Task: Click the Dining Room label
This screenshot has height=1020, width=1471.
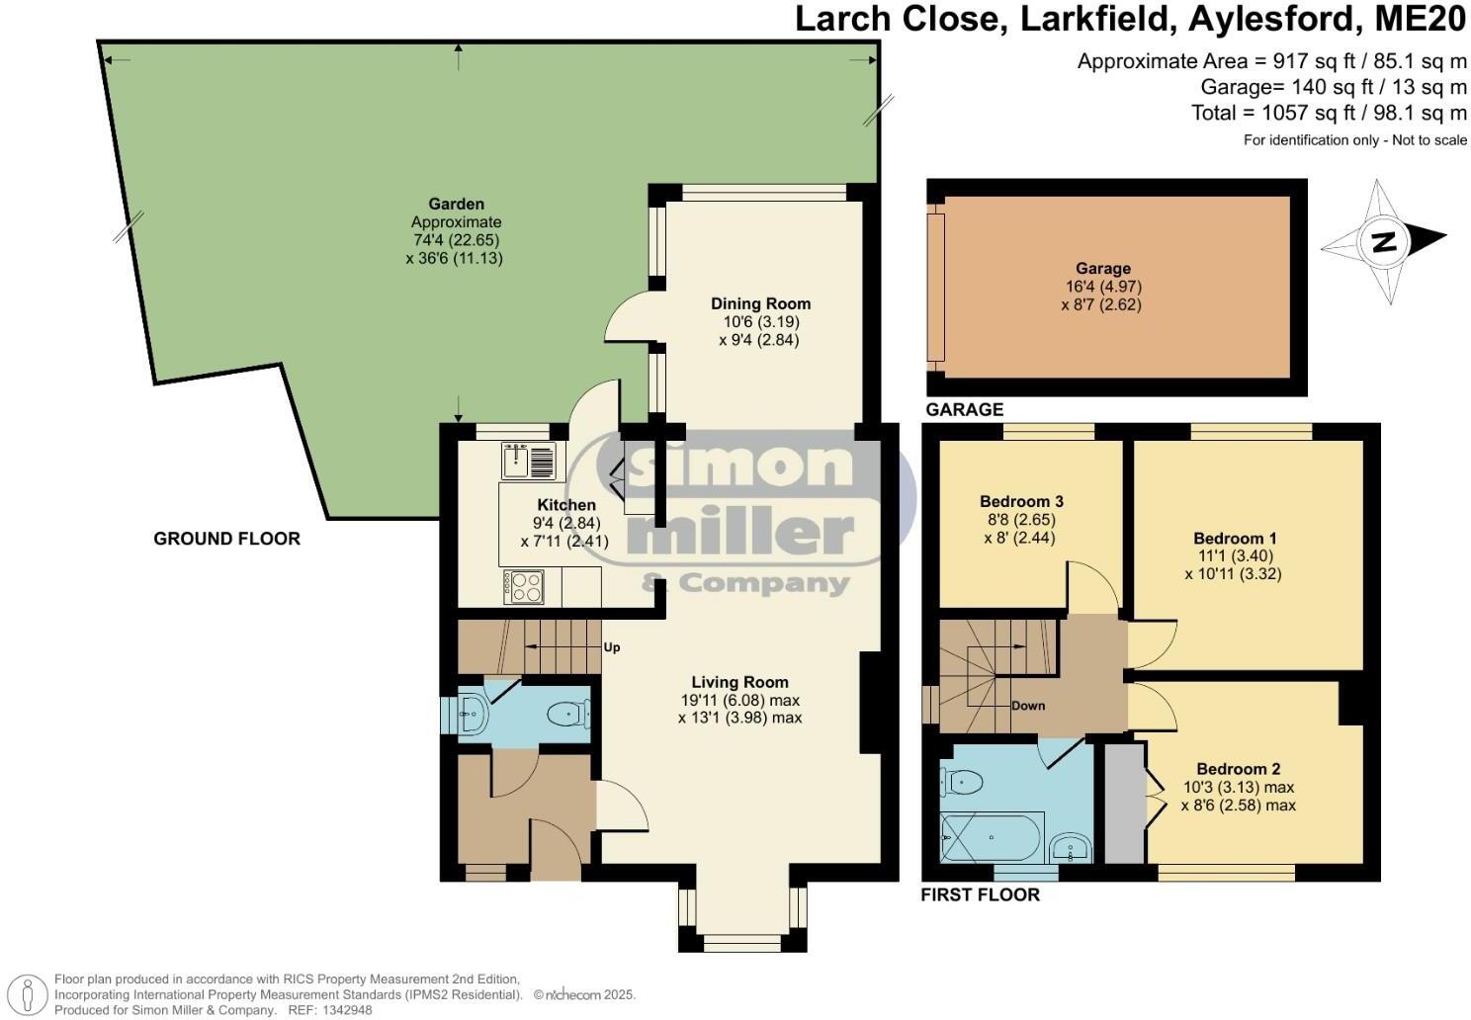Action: click(760, 303)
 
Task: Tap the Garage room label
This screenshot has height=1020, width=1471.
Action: click(1102, 268)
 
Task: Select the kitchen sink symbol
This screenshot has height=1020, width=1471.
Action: click(529, 461)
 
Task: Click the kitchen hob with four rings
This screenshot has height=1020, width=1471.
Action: click(525, 587)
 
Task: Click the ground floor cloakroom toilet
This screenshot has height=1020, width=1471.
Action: click(569, 712)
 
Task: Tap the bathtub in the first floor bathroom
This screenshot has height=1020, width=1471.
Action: click(992, 838)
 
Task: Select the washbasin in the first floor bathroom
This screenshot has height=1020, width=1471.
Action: click(1070, 848)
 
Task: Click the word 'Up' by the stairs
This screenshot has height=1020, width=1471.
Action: click(612, 647)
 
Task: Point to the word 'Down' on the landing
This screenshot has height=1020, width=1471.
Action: click(1028, 706)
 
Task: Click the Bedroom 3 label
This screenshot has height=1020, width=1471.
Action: click(1021, 501)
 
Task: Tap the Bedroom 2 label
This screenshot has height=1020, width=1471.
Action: click(1238, 769)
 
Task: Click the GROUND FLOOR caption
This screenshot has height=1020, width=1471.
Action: click(226, 539)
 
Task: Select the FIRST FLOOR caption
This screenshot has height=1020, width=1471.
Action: click(980, 895)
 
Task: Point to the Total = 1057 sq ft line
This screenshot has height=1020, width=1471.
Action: click(1329, 113)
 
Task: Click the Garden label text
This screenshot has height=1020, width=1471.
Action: click(456, 205)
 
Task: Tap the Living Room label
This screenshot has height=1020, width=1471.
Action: click(739, 682)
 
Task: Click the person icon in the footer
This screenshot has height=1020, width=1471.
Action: click(32, 992)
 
